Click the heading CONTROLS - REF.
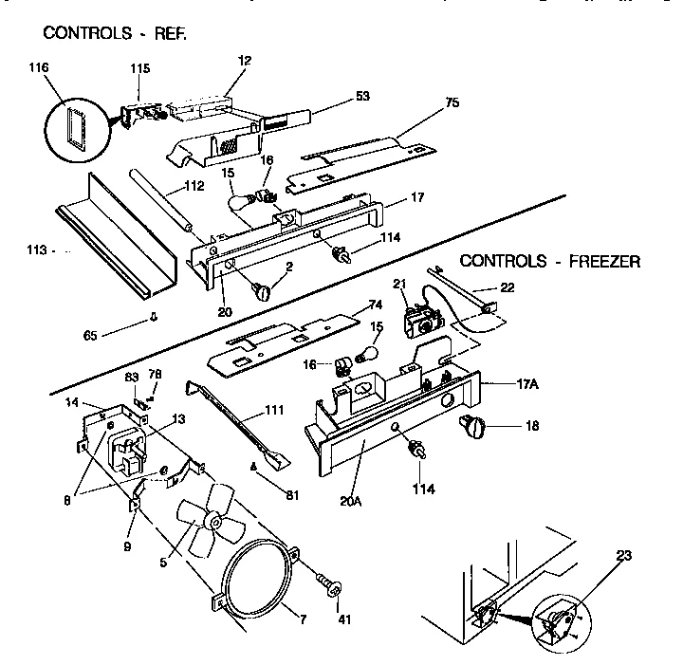tap(115, 33)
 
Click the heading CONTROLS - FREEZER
tap(549, 261)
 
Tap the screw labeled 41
tap(331, 584)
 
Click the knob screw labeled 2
tap(262, 290)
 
